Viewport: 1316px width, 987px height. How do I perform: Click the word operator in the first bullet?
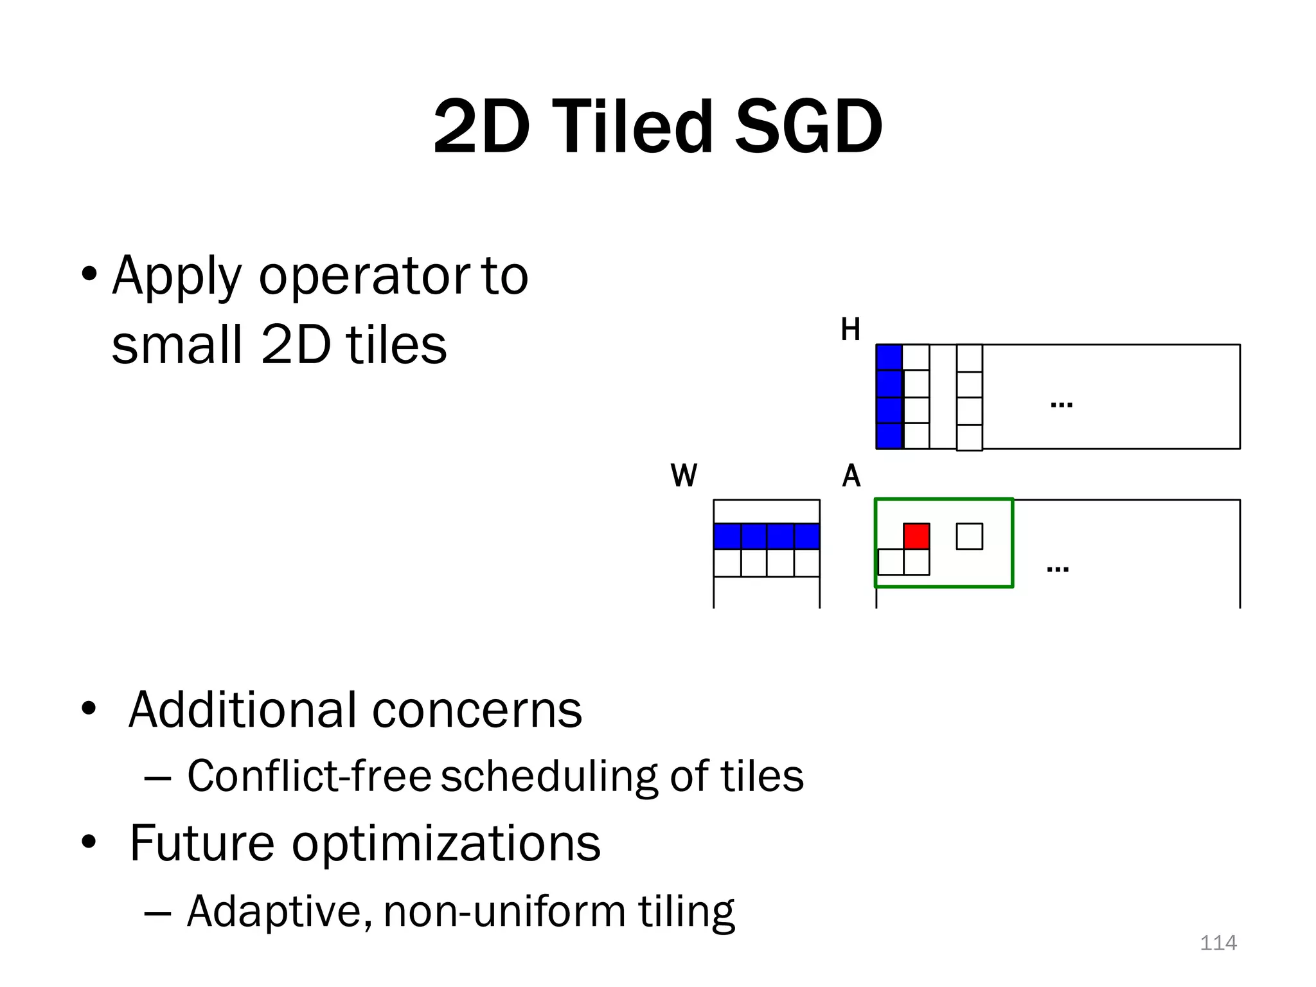click(363, 276)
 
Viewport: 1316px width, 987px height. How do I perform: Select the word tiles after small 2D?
click(396, 345)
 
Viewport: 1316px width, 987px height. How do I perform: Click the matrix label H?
click(850, 330)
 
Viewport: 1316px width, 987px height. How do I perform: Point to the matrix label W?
click(683, 476)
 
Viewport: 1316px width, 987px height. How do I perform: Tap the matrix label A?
click(851, 476)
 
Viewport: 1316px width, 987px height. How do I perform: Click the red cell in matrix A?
click(916, 536)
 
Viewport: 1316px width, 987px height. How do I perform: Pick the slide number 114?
click(1218, 943)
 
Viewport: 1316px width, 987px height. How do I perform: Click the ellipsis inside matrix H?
click(1061, 405)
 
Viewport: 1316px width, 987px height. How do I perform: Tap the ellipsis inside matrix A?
click(1058, 569)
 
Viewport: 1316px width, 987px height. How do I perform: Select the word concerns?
click(477, 710)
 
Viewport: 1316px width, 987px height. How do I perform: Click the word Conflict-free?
click(308, 776)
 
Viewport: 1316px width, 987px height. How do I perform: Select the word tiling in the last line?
click(686, 911)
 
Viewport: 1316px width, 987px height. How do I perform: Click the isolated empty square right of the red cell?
click(969, 536)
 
